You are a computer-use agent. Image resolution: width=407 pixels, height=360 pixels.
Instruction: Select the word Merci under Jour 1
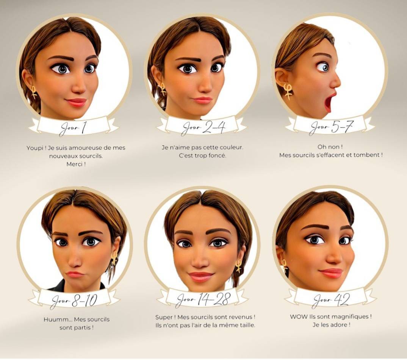75,164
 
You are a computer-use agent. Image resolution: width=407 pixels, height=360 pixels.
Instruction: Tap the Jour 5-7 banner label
331,127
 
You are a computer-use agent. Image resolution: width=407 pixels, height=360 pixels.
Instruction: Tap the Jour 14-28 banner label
203,299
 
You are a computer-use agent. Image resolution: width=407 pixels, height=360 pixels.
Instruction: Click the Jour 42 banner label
331,300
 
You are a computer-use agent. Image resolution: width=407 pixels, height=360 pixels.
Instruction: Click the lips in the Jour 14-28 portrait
200,277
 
